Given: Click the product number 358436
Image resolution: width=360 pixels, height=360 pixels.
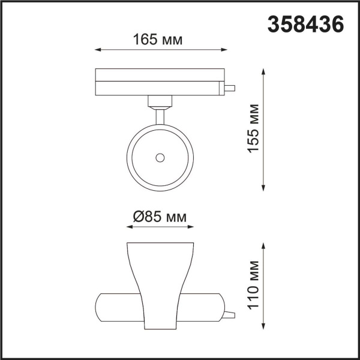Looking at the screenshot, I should (305, 25).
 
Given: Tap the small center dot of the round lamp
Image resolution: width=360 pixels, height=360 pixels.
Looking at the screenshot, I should (160, 157).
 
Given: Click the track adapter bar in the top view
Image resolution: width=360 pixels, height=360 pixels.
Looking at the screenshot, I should (159, 82).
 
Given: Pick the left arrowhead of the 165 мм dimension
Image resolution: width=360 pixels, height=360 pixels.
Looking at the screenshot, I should (97, 50).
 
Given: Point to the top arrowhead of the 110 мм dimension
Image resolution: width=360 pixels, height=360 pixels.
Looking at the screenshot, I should (264, 245).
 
